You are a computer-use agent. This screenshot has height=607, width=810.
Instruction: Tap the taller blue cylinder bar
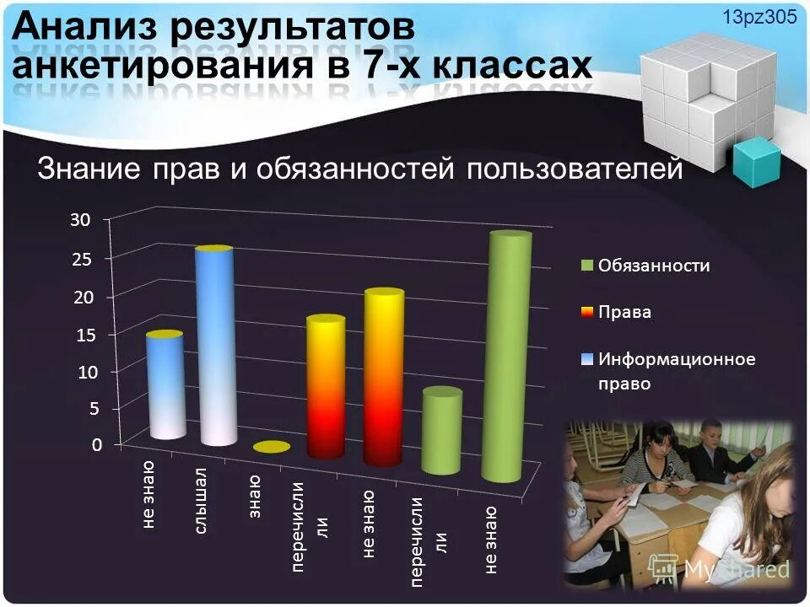pos(214,346)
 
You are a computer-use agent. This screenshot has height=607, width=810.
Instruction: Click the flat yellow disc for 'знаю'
pos(271,447)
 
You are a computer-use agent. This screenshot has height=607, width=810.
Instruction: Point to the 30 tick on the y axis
pos(79,220)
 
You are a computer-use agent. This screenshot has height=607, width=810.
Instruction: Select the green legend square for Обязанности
pos(587,266)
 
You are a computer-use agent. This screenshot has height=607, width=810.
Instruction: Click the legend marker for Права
pos(587,312)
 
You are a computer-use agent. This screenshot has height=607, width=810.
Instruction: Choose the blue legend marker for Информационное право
pos(587,359)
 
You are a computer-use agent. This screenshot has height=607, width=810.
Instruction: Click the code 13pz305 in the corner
pos(759,19)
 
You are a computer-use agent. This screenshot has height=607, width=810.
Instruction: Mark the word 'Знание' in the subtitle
pos(89,169)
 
